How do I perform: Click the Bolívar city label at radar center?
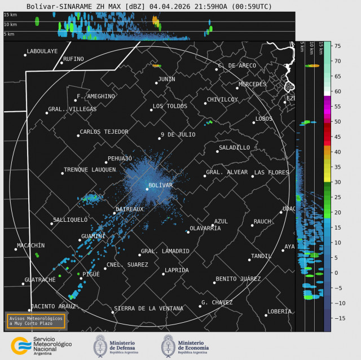[160, 185]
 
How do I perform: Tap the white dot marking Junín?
[156, 83]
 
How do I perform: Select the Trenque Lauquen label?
[90, 169]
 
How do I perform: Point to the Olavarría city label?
[205, 228]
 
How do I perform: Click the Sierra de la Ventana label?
[148, 309]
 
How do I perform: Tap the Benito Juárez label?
[238, 279]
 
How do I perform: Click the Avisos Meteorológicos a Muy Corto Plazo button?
[35, 321]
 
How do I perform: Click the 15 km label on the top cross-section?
[10, 15]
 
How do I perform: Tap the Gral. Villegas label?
[72, 109]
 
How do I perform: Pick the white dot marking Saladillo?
[217, 151]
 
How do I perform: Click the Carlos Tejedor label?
[104, 132]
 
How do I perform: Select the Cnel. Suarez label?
[127, 265]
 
